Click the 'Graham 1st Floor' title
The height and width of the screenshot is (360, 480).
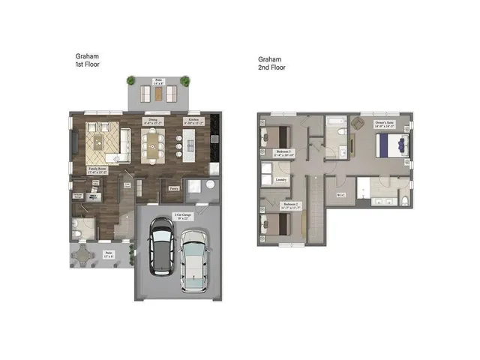pyautogui.click(x=88, y=61)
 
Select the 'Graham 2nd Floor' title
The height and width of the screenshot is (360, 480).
pyautogui.click(x=272, y=63)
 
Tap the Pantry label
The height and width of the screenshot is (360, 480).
pyautogui.click(x=174, y=188)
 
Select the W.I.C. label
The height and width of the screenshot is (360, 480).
pyautogui.click(x=340, y=196)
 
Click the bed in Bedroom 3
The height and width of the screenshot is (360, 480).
pyautogui.click(x=274, y=137)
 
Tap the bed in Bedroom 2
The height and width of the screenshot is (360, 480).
pyautogui.click(x=274, y=223)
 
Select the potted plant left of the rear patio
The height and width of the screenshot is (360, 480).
pyautogui.click(x=131, y=80)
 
